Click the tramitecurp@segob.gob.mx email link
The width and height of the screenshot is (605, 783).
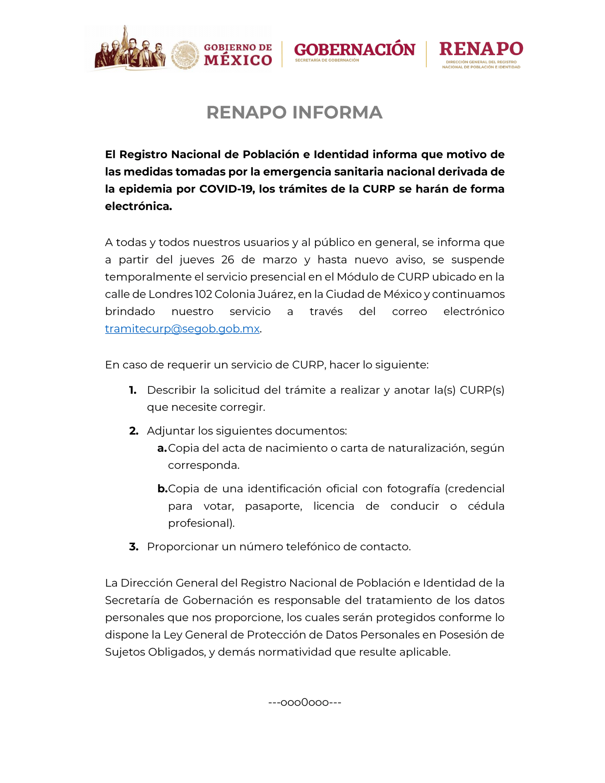click(182, 329)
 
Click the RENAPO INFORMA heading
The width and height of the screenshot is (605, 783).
click(294, 112)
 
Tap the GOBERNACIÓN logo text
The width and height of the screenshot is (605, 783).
click(354, 49)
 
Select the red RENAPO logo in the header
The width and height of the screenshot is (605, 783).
click(481, 49)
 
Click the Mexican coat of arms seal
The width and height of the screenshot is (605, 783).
click(185, 55)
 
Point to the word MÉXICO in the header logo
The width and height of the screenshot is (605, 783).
click(238, 60)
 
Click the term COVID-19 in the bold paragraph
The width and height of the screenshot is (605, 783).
click(226, 189)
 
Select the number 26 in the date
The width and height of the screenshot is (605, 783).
click(228, 259)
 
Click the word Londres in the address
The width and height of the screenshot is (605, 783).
click(170, 294)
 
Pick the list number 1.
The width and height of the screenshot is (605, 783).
click(133, 390)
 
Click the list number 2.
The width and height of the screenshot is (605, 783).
click(133, 431)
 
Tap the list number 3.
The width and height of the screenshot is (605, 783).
click(133, 547)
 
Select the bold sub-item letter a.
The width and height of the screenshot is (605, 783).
click(162, 448)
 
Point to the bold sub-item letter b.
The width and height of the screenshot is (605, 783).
click(162, 489)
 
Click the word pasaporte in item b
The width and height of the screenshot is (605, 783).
click(273, 506)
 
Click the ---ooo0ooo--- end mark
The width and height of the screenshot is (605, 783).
click(305, 702)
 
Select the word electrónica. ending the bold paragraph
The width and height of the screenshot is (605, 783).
click(138, 206)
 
